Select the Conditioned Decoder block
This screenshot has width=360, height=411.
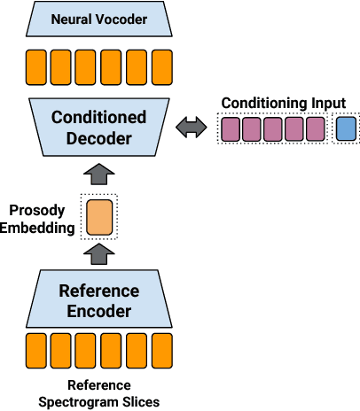(98, 128)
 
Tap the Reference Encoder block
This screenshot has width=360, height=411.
(98, 300)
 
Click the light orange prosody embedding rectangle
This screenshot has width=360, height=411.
(98, 216)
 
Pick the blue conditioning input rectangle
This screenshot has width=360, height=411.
(345, 129)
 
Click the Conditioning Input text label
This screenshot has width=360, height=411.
(283, 103)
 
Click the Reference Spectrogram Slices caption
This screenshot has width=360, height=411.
(98, 393)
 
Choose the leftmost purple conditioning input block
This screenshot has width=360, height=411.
(229, 129)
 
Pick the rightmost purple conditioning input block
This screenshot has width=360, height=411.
(315, 129)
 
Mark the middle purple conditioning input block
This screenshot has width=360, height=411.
(272, 129)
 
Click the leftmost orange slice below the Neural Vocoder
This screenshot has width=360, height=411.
(35, 66)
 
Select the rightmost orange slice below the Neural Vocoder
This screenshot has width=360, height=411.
(161, 66)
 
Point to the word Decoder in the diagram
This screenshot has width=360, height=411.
(98, 138)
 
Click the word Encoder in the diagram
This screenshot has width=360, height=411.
(98, 311)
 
